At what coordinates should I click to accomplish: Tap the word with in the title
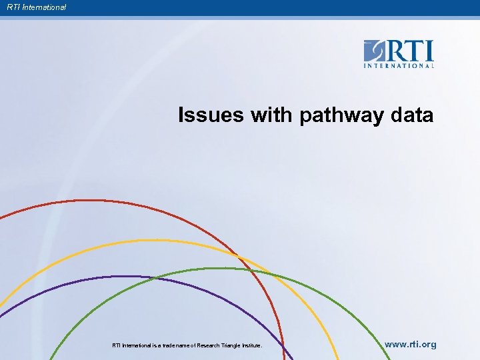pyautogui.click(x=271, y=115)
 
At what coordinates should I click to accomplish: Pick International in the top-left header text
pyautogui.click(x=42, y=7)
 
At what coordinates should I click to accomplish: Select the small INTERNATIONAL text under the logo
pyautogui.click(x=399, y=66)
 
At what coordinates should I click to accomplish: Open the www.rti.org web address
pyautogui.click(x=411, y=345)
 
